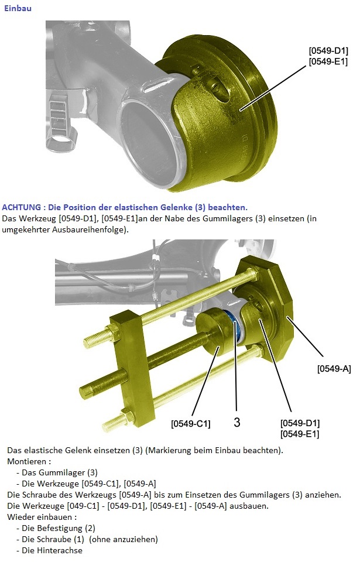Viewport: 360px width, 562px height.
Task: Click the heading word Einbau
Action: click(18, 8)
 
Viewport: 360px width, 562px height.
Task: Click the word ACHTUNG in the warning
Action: click(21, 207)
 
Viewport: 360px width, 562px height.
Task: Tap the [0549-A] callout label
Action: click(334, 369)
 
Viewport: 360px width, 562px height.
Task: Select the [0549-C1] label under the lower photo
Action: click(190, 424)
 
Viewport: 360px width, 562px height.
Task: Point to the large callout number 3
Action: click(236, 422)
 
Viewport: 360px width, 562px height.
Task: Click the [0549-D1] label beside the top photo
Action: click(328, 50)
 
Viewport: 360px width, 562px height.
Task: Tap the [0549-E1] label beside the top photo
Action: click(328, 61)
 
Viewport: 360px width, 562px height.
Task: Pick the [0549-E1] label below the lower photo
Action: click(300, 434)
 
